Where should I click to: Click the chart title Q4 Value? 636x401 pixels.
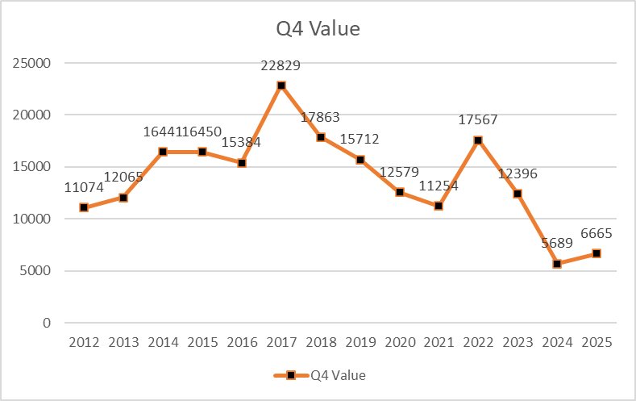point(317,30)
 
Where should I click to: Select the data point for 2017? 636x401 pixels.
point(281,86)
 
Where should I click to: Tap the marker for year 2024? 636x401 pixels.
point(557,264)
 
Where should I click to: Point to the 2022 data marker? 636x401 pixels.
point(478,140)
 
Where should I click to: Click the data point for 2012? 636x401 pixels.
point(84,207)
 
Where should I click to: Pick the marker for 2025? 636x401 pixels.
point(597,253)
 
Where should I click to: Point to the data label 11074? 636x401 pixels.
point(84,189)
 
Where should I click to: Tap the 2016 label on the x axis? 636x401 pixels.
point(242,341)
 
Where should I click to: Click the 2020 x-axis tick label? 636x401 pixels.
point(399,341)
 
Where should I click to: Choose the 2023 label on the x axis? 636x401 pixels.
point(518,341)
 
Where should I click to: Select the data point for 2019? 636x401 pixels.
point(360,160)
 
